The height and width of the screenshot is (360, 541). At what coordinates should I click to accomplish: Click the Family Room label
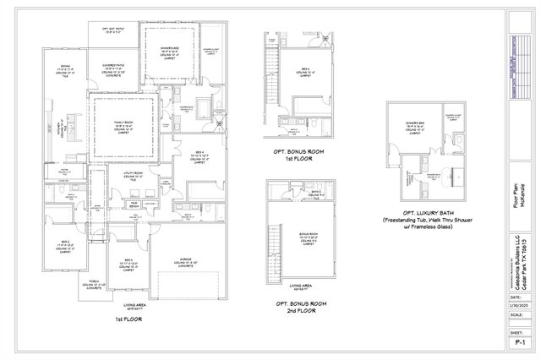point(124,125)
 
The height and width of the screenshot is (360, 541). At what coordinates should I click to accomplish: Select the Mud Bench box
point(135,205)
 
